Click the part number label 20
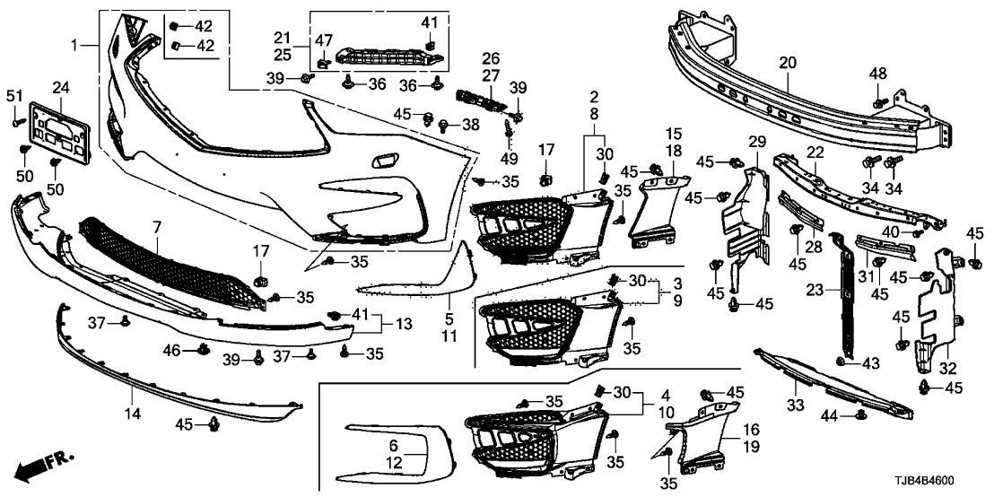click(787, 63)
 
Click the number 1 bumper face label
click(76, 44)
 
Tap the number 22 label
click(814, 152)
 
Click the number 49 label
click(509, 159)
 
